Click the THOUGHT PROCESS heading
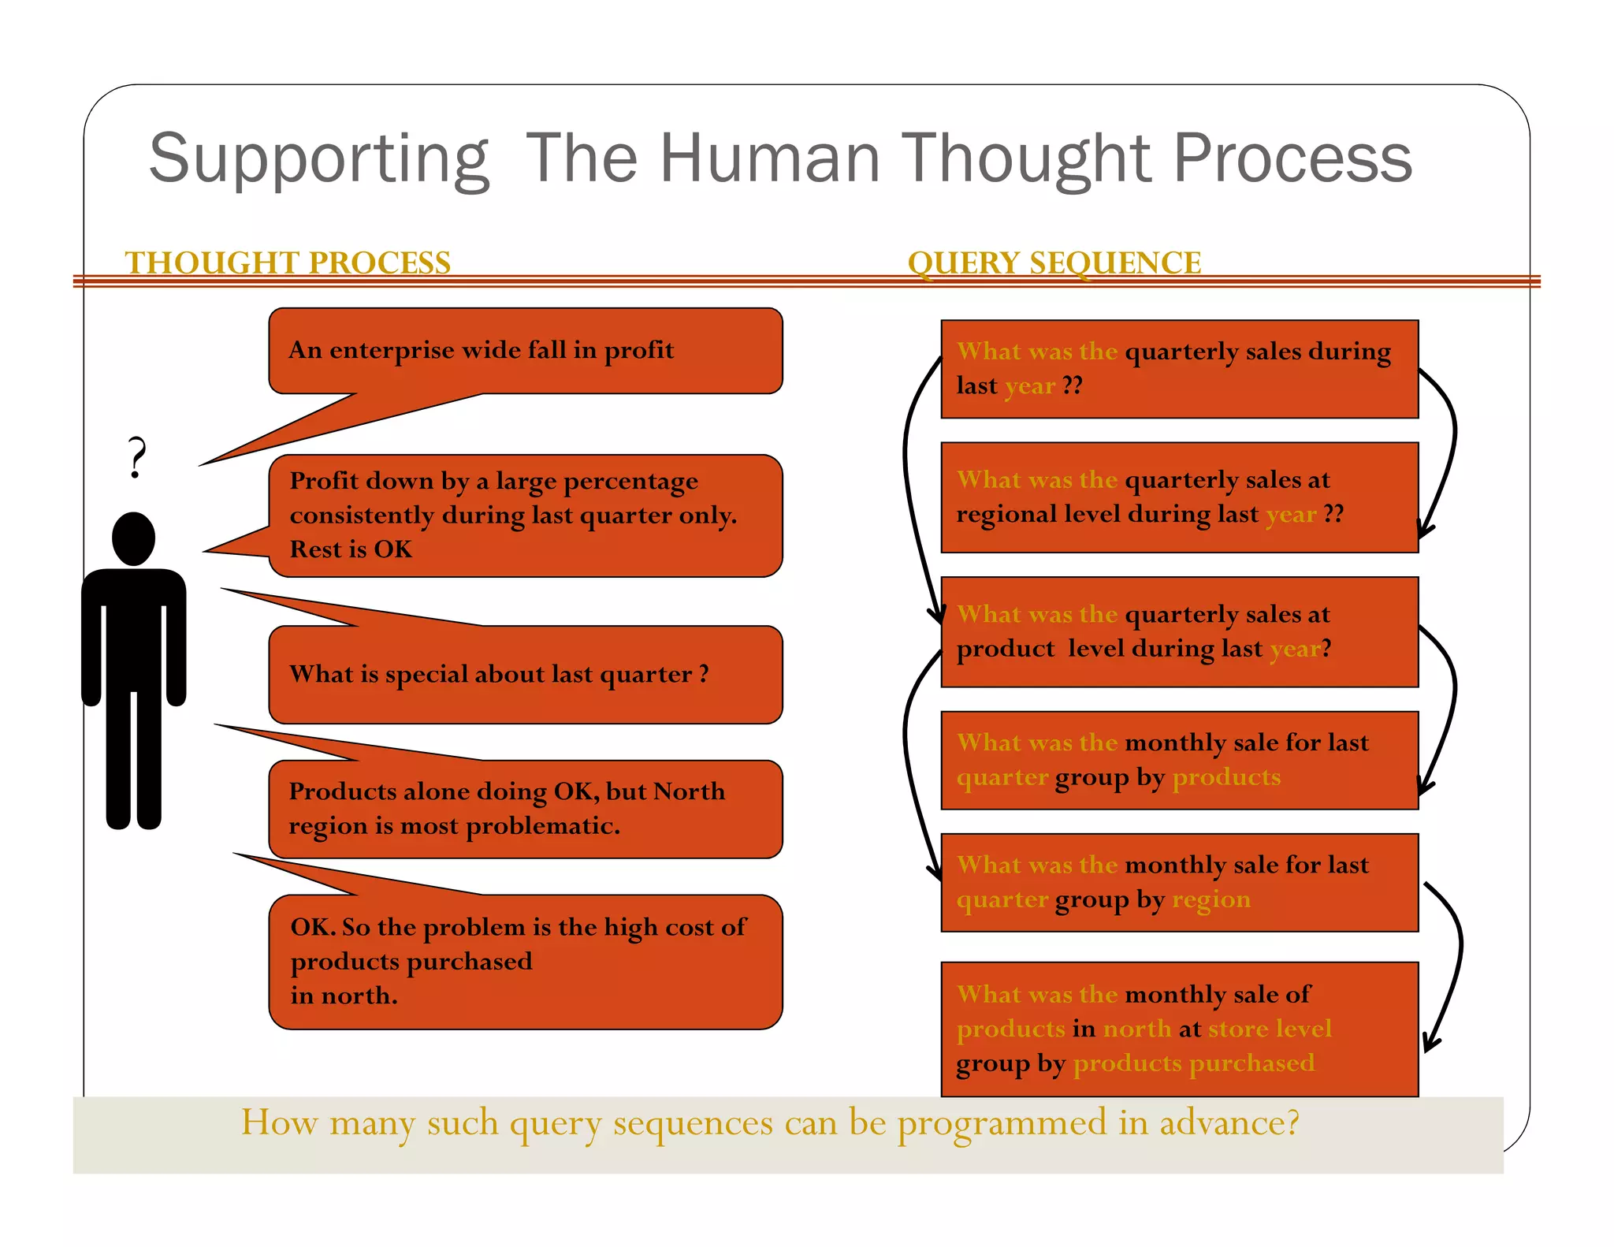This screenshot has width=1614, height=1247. [x=288, y=262]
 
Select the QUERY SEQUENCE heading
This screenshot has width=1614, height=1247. [x=1054, y=262]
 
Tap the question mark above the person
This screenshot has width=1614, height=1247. [x=137, y=457]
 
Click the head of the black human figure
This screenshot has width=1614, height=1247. [x=134, y=538]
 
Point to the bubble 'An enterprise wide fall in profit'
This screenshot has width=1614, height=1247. [x=525, y=351]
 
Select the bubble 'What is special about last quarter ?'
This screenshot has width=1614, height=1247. [x=525, y=675]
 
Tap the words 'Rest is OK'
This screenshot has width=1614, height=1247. [x=351, y=549]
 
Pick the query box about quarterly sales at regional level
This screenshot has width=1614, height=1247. [x=1179, y=497]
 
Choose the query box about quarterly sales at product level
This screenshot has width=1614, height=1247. [x=1179, y=632]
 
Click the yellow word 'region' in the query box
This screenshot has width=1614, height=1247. [x=1210, y=899]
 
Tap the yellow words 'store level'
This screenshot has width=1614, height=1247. [x=1270, y=1029]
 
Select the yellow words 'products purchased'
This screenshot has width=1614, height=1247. [x=1193, y=1063]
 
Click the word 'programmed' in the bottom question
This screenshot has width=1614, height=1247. [x=1002, y=1123]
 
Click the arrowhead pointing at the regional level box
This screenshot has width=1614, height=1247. [x=1425, y=530]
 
